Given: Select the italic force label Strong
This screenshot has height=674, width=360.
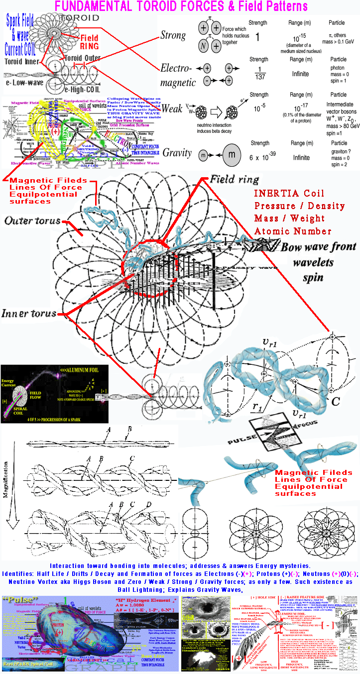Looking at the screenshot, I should pyautogui.click(x=173, y=35).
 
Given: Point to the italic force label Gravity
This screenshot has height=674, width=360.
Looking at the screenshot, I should pyautogui.click(x=176, y=153).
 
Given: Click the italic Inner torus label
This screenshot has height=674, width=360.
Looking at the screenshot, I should pyautogui.click(x=30, y=313).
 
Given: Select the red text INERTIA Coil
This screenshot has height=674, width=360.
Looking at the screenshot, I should pyautogui.click(x=285, y=194).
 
